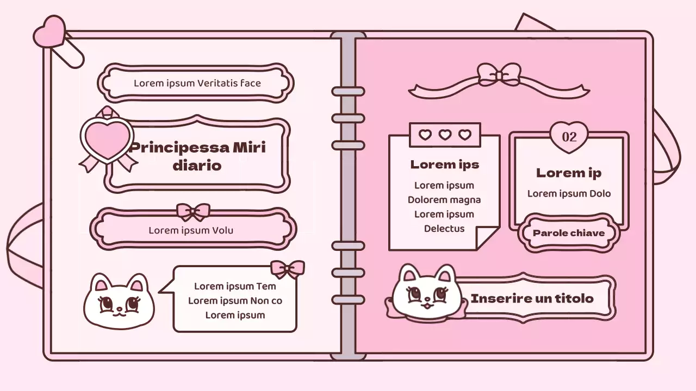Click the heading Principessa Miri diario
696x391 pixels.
197,156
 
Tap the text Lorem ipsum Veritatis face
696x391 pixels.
197,83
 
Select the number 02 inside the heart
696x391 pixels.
569,136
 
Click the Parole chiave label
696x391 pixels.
568,233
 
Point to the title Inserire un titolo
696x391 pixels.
531,298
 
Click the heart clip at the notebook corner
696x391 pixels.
49,31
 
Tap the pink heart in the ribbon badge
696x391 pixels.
107,138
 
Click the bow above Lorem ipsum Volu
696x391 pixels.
193,211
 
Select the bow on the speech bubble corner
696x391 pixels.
287,268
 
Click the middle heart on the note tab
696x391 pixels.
445,135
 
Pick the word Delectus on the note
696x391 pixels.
444,229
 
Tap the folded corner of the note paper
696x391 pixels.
487,238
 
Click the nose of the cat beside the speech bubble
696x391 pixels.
119,309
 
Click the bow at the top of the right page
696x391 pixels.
499,75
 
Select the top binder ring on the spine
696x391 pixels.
348,91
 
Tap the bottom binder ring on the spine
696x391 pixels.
348,300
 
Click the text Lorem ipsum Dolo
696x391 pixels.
569,193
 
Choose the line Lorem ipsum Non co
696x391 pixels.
235,301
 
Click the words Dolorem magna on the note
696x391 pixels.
444,200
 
